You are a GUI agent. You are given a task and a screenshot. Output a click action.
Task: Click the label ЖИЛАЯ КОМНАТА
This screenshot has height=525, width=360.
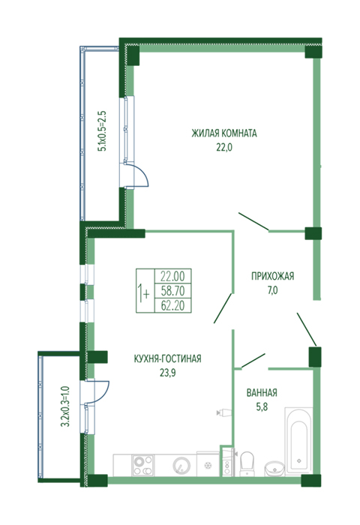tap(224, 133)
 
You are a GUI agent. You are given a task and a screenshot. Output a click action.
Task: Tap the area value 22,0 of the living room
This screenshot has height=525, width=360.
tap(224, 147)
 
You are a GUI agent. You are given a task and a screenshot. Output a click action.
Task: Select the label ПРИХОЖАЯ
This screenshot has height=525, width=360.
tap(272, 276)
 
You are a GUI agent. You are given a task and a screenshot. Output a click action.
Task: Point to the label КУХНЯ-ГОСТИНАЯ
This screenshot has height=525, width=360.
tap(167, 358)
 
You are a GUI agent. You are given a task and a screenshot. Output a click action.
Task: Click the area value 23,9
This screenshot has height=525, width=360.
tap(167, 373)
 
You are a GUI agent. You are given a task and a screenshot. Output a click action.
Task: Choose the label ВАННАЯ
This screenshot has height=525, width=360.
tap(262, 392)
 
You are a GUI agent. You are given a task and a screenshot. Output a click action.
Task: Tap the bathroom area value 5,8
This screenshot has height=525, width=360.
tap(262, 406)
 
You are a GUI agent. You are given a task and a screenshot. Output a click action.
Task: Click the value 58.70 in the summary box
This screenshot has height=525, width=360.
tap(172, 291)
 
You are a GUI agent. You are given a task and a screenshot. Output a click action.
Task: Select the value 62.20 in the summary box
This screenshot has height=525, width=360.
tap(172, 305)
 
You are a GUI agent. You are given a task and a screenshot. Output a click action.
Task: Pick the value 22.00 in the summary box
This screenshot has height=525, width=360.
tap(172, 277)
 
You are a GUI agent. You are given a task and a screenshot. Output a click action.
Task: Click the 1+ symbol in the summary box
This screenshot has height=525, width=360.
tap(144, 292)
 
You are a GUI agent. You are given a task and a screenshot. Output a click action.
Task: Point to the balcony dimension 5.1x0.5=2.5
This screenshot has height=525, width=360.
tap(102, 131)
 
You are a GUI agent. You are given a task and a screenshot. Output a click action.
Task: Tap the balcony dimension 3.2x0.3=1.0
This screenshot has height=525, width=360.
tap(65, 406)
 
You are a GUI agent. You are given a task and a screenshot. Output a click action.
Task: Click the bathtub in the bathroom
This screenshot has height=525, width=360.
tap(298, 440)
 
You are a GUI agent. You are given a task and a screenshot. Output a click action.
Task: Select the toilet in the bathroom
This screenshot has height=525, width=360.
tap(247, 463)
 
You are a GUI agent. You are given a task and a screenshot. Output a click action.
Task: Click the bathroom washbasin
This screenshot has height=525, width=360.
tap(274, 468)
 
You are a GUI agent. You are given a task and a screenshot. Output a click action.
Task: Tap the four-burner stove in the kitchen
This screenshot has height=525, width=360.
tap(143, 465)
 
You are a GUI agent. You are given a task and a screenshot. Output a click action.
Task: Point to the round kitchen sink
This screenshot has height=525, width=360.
tap(181, 466)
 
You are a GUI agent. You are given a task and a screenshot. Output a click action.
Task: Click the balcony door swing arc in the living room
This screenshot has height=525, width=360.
tap(143, 174)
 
